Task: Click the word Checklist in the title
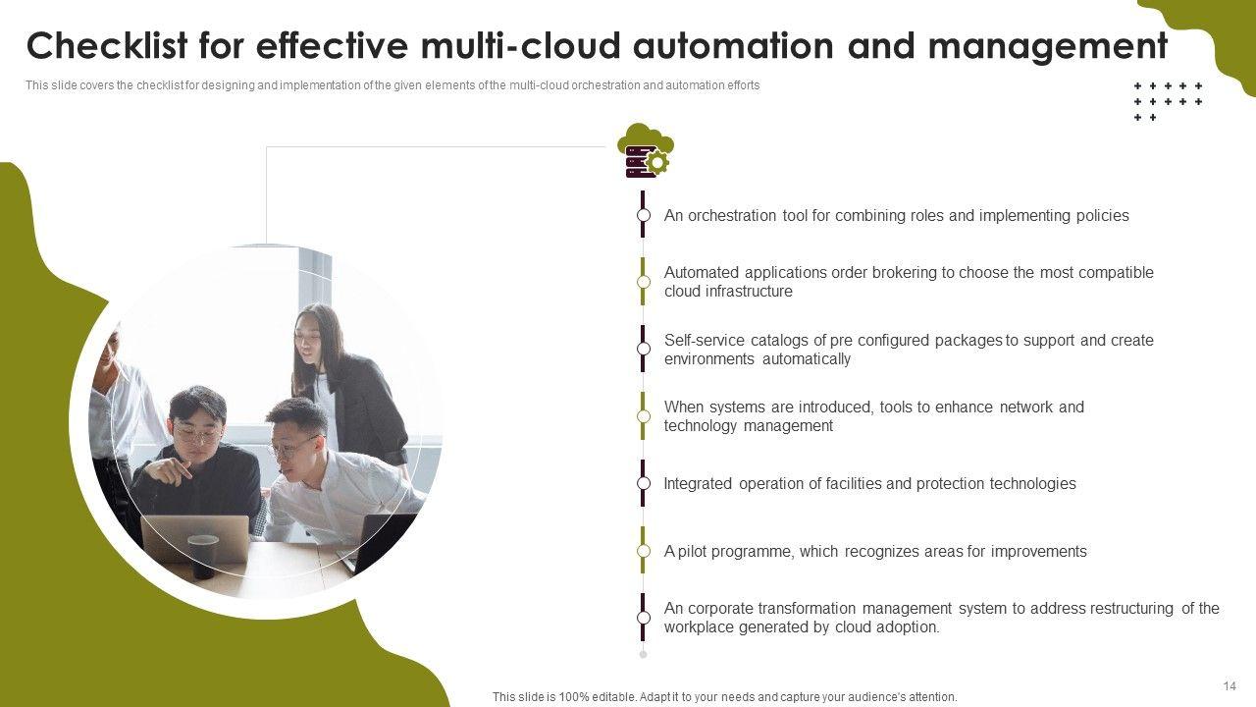(106, 45)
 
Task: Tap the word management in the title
(1048, 48)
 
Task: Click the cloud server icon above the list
(646, 150)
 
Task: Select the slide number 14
(1230, 685)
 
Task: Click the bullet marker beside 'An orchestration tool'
(643, 215)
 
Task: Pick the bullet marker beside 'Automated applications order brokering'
(643, 282)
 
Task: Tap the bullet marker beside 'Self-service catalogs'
(643, 349)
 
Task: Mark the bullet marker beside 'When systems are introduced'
(643, 415)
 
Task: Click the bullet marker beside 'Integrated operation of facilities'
(643, 483)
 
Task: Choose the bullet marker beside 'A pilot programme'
(643, 551)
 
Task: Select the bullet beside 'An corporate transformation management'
(643, 618)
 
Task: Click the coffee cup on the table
(202, 557)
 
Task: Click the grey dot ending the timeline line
(643, 654)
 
